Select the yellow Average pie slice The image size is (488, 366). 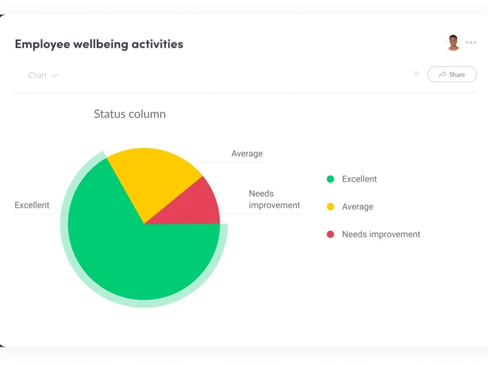(x=152, y=178)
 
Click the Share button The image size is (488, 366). (x=452, y=74)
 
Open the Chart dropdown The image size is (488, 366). (x=42, y=75)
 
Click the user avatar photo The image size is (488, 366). (x=453, y=42)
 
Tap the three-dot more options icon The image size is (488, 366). (x=471, y=42)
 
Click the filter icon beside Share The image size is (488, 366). (x=416, y=74)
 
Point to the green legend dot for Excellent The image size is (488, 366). (x=330, y=179)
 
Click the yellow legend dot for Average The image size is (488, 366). (x=330, y=206)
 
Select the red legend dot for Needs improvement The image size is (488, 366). (x=330, y=234)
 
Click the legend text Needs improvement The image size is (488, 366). (x=381, y=234)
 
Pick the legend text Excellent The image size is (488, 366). (x=360, y=179)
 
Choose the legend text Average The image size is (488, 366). (x=358, y=206)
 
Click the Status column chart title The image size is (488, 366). (x=130, y=114)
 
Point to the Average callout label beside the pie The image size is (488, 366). (x=247, y=153)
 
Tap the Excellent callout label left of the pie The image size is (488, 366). (x=32, y=205)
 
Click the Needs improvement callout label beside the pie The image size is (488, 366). (x=274, y=199)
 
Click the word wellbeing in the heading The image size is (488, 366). (x=101, y=44)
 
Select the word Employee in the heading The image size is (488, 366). (x=42, y=44)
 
